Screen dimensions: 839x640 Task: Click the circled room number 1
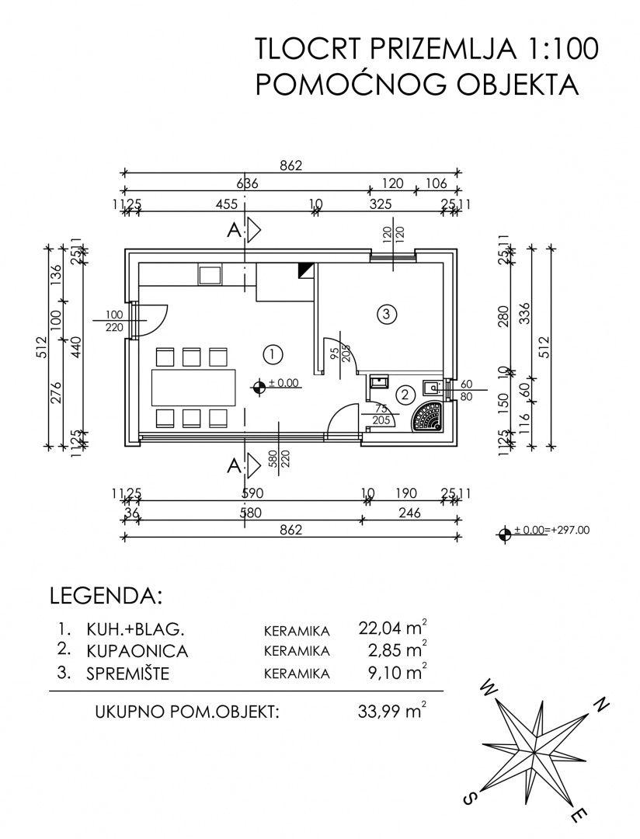click(x=272, y=354)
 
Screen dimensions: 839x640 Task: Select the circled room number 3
click(x=386, y=314)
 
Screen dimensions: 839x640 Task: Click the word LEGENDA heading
click(x=106, y=597)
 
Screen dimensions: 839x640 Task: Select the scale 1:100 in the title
click(x=559, y=48)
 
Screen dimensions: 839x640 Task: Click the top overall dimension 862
click(x=290, y=165)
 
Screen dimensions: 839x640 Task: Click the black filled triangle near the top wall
click(x=305, y=270)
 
